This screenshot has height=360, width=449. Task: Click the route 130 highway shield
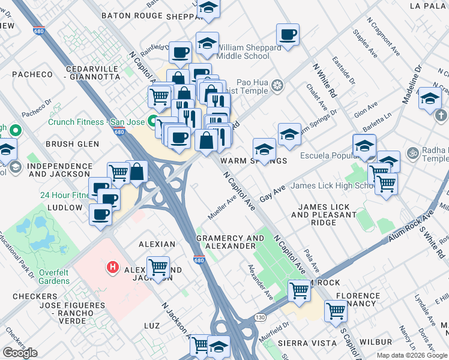[259, 317]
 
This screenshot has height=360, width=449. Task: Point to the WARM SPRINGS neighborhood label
[253, 161]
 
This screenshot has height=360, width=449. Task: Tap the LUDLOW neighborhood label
[64, 208]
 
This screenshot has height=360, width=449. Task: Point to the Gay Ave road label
[272, 193]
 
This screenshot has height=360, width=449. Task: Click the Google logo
[20, 353]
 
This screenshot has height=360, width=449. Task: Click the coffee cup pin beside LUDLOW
[100, 213]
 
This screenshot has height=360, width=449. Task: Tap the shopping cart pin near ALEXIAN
[158, 266]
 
